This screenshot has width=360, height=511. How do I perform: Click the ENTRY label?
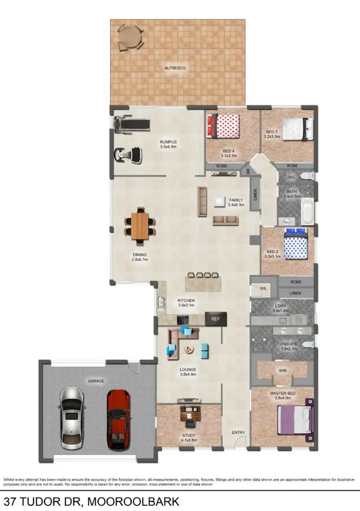point(239,432)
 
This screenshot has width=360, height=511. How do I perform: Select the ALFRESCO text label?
point(176,68)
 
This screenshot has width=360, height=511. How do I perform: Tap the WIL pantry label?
point(262,289)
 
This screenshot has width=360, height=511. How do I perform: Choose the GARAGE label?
point(96,381)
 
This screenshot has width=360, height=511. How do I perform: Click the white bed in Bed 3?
point(296,129)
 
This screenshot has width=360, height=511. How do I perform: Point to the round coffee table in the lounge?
point(189,350)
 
